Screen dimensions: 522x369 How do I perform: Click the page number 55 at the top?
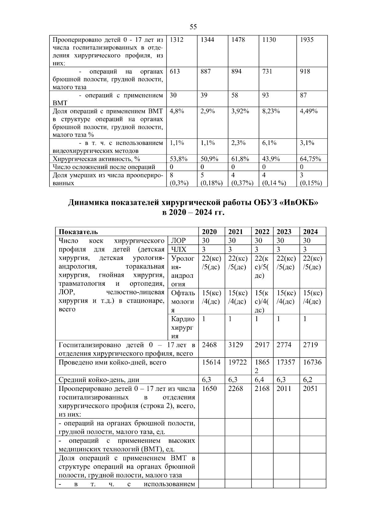tap(193, 27)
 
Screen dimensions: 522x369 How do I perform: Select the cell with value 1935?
tap(307, 40)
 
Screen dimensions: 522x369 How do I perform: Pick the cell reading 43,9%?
tap(271, 159)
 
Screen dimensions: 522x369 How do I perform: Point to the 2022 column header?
tap(262, 232)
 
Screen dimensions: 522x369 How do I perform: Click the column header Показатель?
tap(78, 232)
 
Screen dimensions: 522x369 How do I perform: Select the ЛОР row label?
tap(178, 240)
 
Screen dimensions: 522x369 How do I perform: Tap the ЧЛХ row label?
tap(179, 249)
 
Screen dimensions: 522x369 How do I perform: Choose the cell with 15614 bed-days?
tap(211, 362)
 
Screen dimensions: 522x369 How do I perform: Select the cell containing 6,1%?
tap(269, 143)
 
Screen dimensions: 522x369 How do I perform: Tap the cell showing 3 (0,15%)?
tap(311, 179)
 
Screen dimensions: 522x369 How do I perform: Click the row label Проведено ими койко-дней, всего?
tap(112, 362)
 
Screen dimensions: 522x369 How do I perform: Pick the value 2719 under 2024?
tap(310, 345)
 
